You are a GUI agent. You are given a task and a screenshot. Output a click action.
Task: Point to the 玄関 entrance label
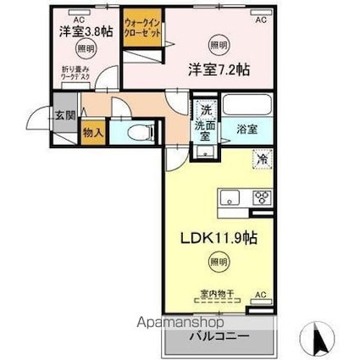tap(64, 117)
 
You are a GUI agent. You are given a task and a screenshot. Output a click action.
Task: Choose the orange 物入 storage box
tap(92, 132)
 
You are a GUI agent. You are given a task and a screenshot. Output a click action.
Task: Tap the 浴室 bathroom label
tap(247, 130)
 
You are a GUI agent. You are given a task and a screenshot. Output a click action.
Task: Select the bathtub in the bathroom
tap(248, 108)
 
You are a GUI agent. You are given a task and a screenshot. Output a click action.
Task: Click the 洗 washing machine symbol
tap(204, 110)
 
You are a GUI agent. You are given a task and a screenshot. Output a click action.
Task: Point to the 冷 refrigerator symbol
tap(263, 158)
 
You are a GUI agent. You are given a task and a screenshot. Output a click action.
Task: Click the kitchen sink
tap(231, 198)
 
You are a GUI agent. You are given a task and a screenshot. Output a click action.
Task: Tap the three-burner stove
tap(262, 198)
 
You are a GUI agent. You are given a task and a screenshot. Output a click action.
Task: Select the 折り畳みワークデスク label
tap(76, 73)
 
